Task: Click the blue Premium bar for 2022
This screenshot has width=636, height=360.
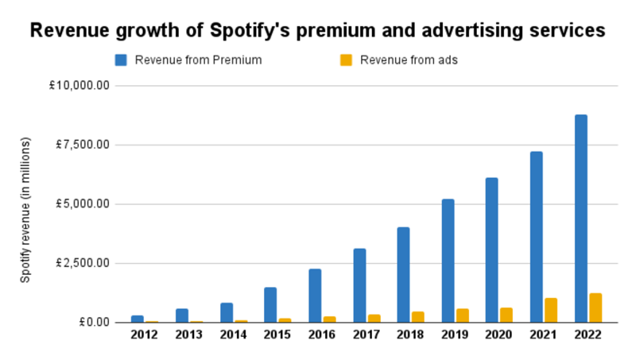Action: [x=581, y=219]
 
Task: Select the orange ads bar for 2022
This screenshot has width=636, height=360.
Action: [x=595, y=308]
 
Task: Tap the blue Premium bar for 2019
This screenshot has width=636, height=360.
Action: [x=448, y=261]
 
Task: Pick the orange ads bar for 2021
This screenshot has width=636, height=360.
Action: [x=551, y=310]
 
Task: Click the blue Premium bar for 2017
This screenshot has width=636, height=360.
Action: [x=359, y=285]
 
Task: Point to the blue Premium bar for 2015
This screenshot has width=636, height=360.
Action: [x=270, y=304]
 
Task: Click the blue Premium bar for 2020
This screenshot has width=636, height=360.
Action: [x=492, y=250]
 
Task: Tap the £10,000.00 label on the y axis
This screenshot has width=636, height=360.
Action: [x=79, y=85]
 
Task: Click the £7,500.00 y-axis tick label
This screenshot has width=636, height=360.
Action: [x=81, y=145]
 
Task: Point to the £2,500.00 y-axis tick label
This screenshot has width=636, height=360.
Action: [x=81, y=263]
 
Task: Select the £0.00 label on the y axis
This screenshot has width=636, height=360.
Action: [x=91, y=323]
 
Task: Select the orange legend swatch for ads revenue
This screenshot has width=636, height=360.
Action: [x=346, y=60]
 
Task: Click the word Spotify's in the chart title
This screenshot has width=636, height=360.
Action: [x=250, y=31]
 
